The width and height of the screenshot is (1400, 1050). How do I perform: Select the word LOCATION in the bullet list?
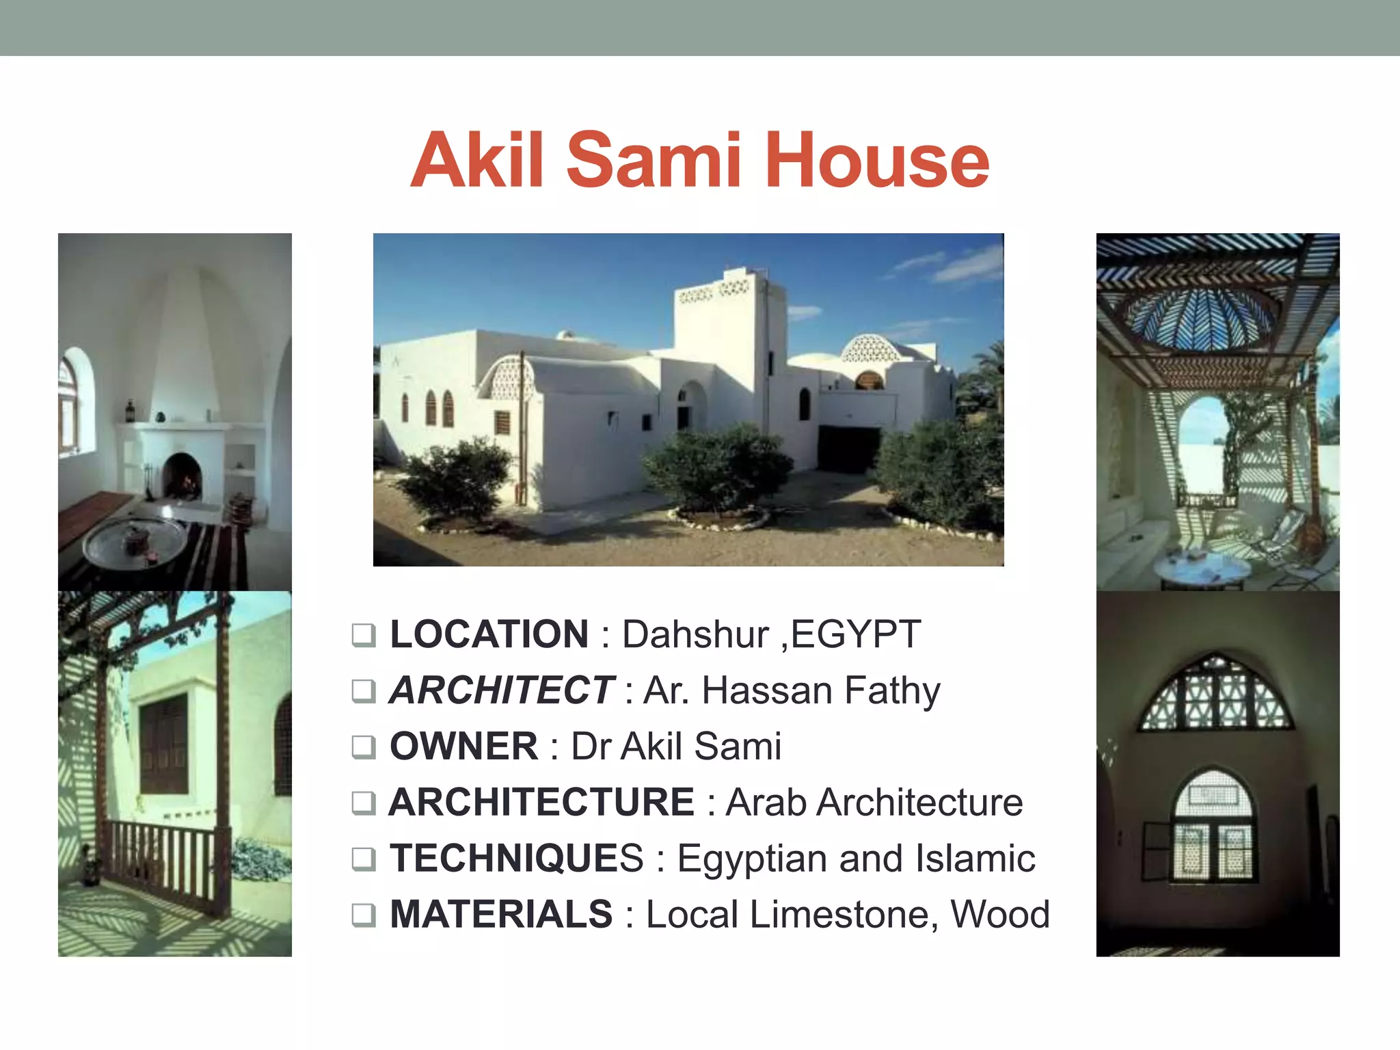pos(489,634)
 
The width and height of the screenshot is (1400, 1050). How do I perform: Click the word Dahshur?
pos(695,634)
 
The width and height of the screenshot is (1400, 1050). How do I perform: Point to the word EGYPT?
pos(856,634)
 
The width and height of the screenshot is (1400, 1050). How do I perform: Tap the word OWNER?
pos(464,746)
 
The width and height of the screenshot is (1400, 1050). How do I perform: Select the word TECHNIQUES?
pos(517,858)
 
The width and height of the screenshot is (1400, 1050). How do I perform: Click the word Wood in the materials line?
pos(1000,914)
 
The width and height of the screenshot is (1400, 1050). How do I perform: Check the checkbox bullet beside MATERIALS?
pos(364,915)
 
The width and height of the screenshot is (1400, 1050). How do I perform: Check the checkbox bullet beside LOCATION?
pos(364,635)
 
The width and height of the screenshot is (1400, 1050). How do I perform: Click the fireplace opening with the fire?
pos(183,476)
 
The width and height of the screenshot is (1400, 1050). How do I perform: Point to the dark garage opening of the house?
pos(848,448)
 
